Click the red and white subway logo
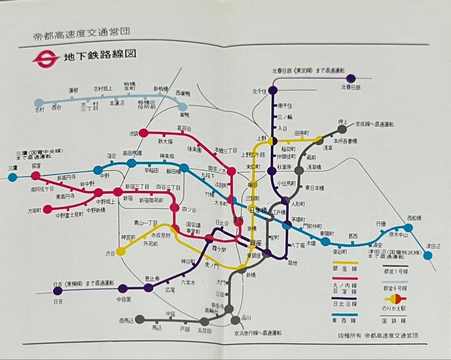(x=46, y=58)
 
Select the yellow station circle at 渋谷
(x=120, y=251)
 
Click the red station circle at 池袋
(x=143, y=133)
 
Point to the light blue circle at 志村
(x=38, y=103)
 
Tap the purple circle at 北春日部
(x=351, y=78)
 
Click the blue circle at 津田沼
(x=427, y=255)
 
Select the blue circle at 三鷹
(x=13, y=177)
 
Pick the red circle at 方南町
(x=48, y=209)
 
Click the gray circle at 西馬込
(x=140, y=320)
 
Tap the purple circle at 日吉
(x=58, y=290)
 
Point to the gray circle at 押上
(x=342, y=129)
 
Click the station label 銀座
(x=255, y=243)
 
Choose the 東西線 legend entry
(x=345, y=320)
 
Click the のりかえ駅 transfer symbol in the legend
(x=395, y=298)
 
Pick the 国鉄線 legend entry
(x=395, y=320)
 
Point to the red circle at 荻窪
(x=35, y=176)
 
